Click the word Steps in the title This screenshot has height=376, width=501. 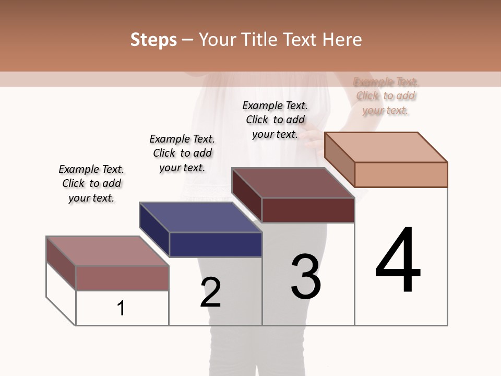[153, 40]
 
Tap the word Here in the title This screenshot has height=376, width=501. [342, 40]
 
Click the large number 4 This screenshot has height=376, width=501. [398, 261]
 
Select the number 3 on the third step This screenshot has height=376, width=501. [306, 277]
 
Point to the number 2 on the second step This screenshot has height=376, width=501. [210, 292]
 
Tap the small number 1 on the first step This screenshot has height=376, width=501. [121, 308]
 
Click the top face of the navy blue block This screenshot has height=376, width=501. [200, 217]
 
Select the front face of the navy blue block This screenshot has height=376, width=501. [216, 244]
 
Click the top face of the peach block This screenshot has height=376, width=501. [386, 147]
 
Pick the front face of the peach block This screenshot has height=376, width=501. [401, 174]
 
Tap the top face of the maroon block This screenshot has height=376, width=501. [293, 183]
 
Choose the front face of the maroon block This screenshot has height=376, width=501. [308, 210]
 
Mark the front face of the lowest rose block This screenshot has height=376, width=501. [122, 278]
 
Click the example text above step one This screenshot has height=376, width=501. [91, 183]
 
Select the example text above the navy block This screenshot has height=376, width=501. [182, 153]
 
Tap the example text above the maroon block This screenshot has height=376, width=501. [275, 120]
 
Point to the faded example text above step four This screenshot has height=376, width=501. [386, 96]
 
